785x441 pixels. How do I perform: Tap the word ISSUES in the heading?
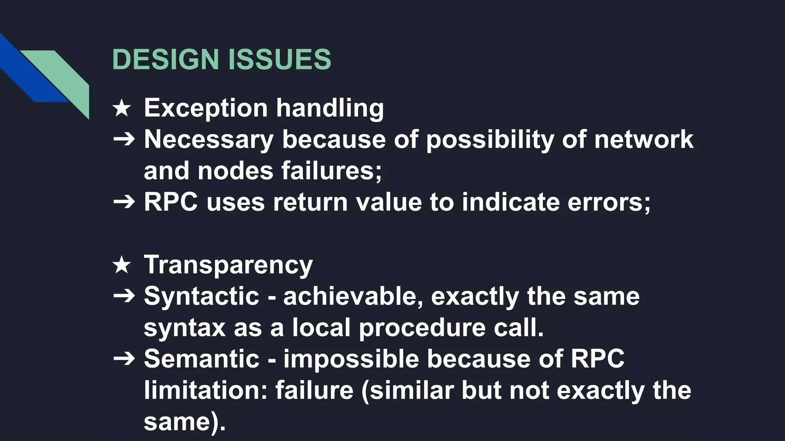pos(279,59)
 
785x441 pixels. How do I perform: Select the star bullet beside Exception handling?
pos(122,108)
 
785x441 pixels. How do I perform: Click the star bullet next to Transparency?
pos(122,265)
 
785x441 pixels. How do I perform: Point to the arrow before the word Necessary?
pos(124,140)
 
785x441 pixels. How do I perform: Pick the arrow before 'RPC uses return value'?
pos(124,202)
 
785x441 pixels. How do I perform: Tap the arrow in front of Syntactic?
pos(124,296)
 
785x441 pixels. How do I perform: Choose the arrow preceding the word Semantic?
pos(124,359)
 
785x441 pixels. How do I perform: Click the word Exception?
pos(205,108)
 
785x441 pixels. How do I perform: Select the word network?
pos(644,139)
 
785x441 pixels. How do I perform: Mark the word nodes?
pos(235,171)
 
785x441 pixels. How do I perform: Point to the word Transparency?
pos(228,265)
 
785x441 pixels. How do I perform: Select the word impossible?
pos(351,359)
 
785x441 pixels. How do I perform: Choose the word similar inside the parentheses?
pos(412,390)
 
